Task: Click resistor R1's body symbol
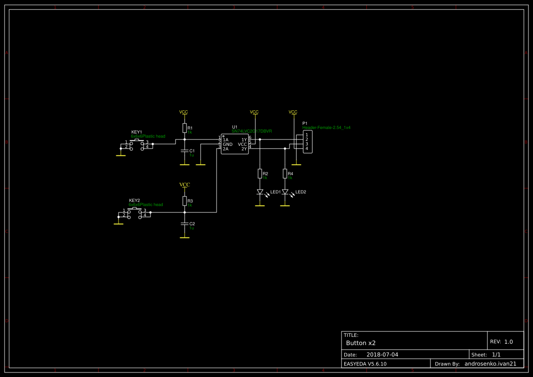pyautogui.click(x=184, y=128)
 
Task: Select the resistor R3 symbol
pyautogui.click(x=184, y=201)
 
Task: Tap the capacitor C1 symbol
pyautogui.click(x=184, y=150)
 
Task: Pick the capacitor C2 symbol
pyautogui.click(x=184, y=223)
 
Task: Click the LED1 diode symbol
pyautogui.click(x=260, y=192)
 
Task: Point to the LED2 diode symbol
pyautogui.click(x=285, y=192)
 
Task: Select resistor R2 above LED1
pyautogui.click(x=260, y=173)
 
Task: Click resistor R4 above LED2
pyautogui.click(x=285, y=173)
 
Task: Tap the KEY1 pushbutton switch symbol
pyautogui.click(x=137, y=145)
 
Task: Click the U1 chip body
pyautogui.click(x=235, y=144)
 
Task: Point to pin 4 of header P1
pyautogui.click(x=307, y=149)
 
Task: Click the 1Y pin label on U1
pyautogui.click(x=244, y=139)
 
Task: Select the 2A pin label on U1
pyautogui.click(x=226, y=149)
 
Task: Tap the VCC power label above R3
pyautogui.click(x=184, y=185)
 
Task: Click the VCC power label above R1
pyautogui.click(x=183, y=112)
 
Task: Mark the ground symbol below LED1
pyautogui.click(x=260, y=206)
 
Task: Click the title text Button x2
pyautogui.click(x=361, y=343)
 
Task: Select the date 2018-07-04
pyautogui.click(x=382, y=355)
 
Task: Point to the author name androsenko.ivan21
pyautogui.click(x=490, y=364)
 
